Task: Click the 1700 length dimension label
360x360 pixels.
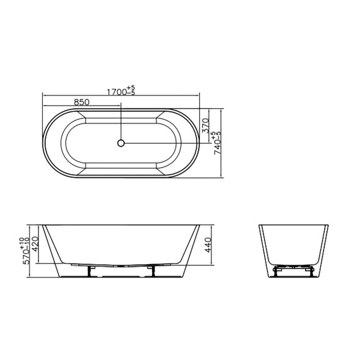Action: point(117,92)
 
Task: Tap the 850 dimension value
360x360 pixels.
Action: point(81,102)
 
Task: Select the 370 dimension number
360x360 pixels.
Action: point(205,125)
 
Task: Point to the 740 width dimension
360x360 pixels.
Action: point(217,147)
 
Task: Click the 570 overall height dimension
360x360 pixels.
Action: point(27,257)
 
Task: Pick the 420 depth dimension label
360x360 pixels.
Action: point(35,244)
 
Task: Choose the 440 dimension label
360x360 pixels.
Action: point(208,245)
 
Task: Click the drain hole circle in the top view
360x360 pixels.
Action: point(121,143)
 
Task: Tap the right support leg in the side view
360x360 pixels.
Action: point(152,271)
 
